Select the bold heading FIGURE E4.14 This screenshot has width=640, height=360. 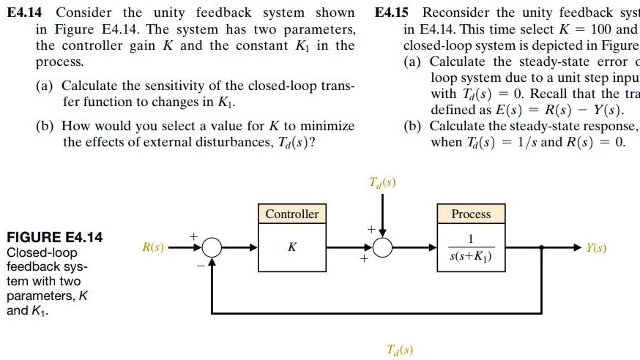click(54, 237)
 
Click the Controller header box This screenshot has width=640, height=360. click(291, 214)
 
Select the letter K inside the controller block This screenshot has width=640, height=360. click(291, 248)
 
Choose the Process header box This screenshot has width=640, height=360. click(471, 214)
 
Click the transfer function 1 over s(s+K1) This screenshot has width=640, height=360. click(471, 248)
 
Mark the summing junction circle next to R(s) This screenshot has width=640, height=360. click(212, 249)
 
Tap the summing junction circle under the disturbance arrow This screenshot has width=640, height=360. click(382, 249)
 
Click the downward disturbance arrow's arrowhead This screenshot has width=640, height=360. click(382, 233)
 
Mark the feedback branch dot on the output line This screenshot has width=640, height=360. click(541, 249)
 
